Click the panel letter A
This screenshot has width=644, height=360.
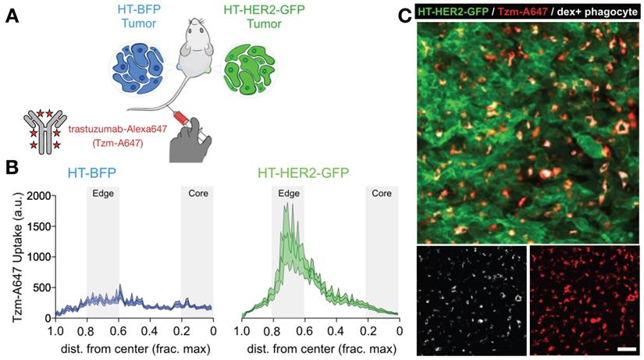[12, 17]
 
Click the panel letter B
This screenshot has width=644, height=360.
[12, 168]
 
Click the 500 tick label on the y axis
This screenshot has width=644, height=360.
[41, 287]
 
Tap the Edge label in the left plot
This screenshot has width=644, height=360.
[102, 192]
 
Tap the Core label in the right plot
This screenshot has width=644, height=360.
[382, 192]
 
